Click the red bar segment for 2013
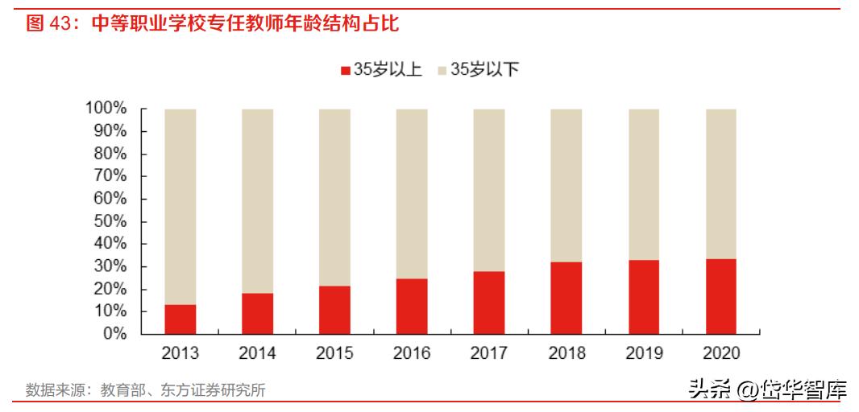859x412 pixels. click(x=180, y=319)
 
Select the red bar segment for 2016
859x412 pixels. click(x=411, y=306)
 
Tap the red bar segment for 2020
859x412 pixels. click(x=720, y=296)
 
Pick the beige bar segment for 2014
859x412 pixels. click(x=257, y=201)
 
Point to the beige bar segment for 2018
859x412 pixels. click(x=566, y=185)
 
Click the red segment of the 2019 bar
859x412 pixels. click(x=643, y=297)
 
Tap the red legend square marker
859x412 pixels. click(x=346, y=71)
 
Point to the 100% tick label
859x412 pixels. click(x=105, y=109)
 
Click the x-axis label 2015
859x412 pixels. click(x=334, y=353)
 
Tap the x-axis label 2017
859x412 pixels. click(x=488, y=353)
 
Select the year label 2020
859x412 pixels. click(x=720, y=353)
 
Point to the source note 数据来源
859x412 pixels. click(x=145, y=390)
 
